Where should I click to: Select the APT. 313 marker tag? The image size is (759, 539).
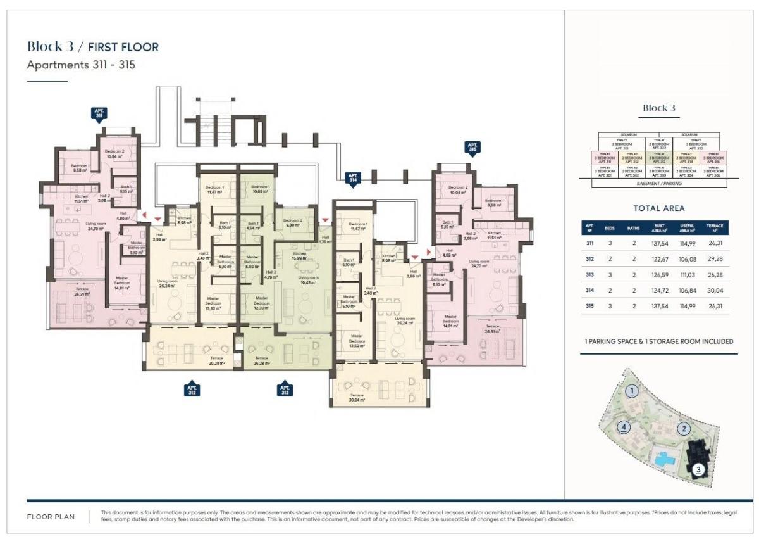tap(285, 389)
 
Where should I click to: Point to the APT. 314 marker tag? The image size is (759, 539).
tap(353, 179)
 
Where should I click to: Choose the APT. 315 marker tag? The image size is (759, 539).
tap(472, 148)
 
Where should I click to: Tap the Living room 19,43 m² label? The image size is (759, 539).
tap(308, 280)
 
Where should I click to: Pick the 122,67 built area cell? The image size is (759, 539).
tap(659, 258)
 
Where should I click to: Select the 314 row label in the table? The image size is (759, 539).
tap(589, 291)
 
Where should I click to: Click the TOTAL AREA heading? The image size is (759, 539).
tap(658, 208)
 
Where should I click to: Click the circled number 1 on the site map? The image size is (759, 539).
tap(632, 392)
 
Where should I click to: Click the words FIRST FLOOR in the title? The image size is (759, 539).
tap(123, 47)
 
